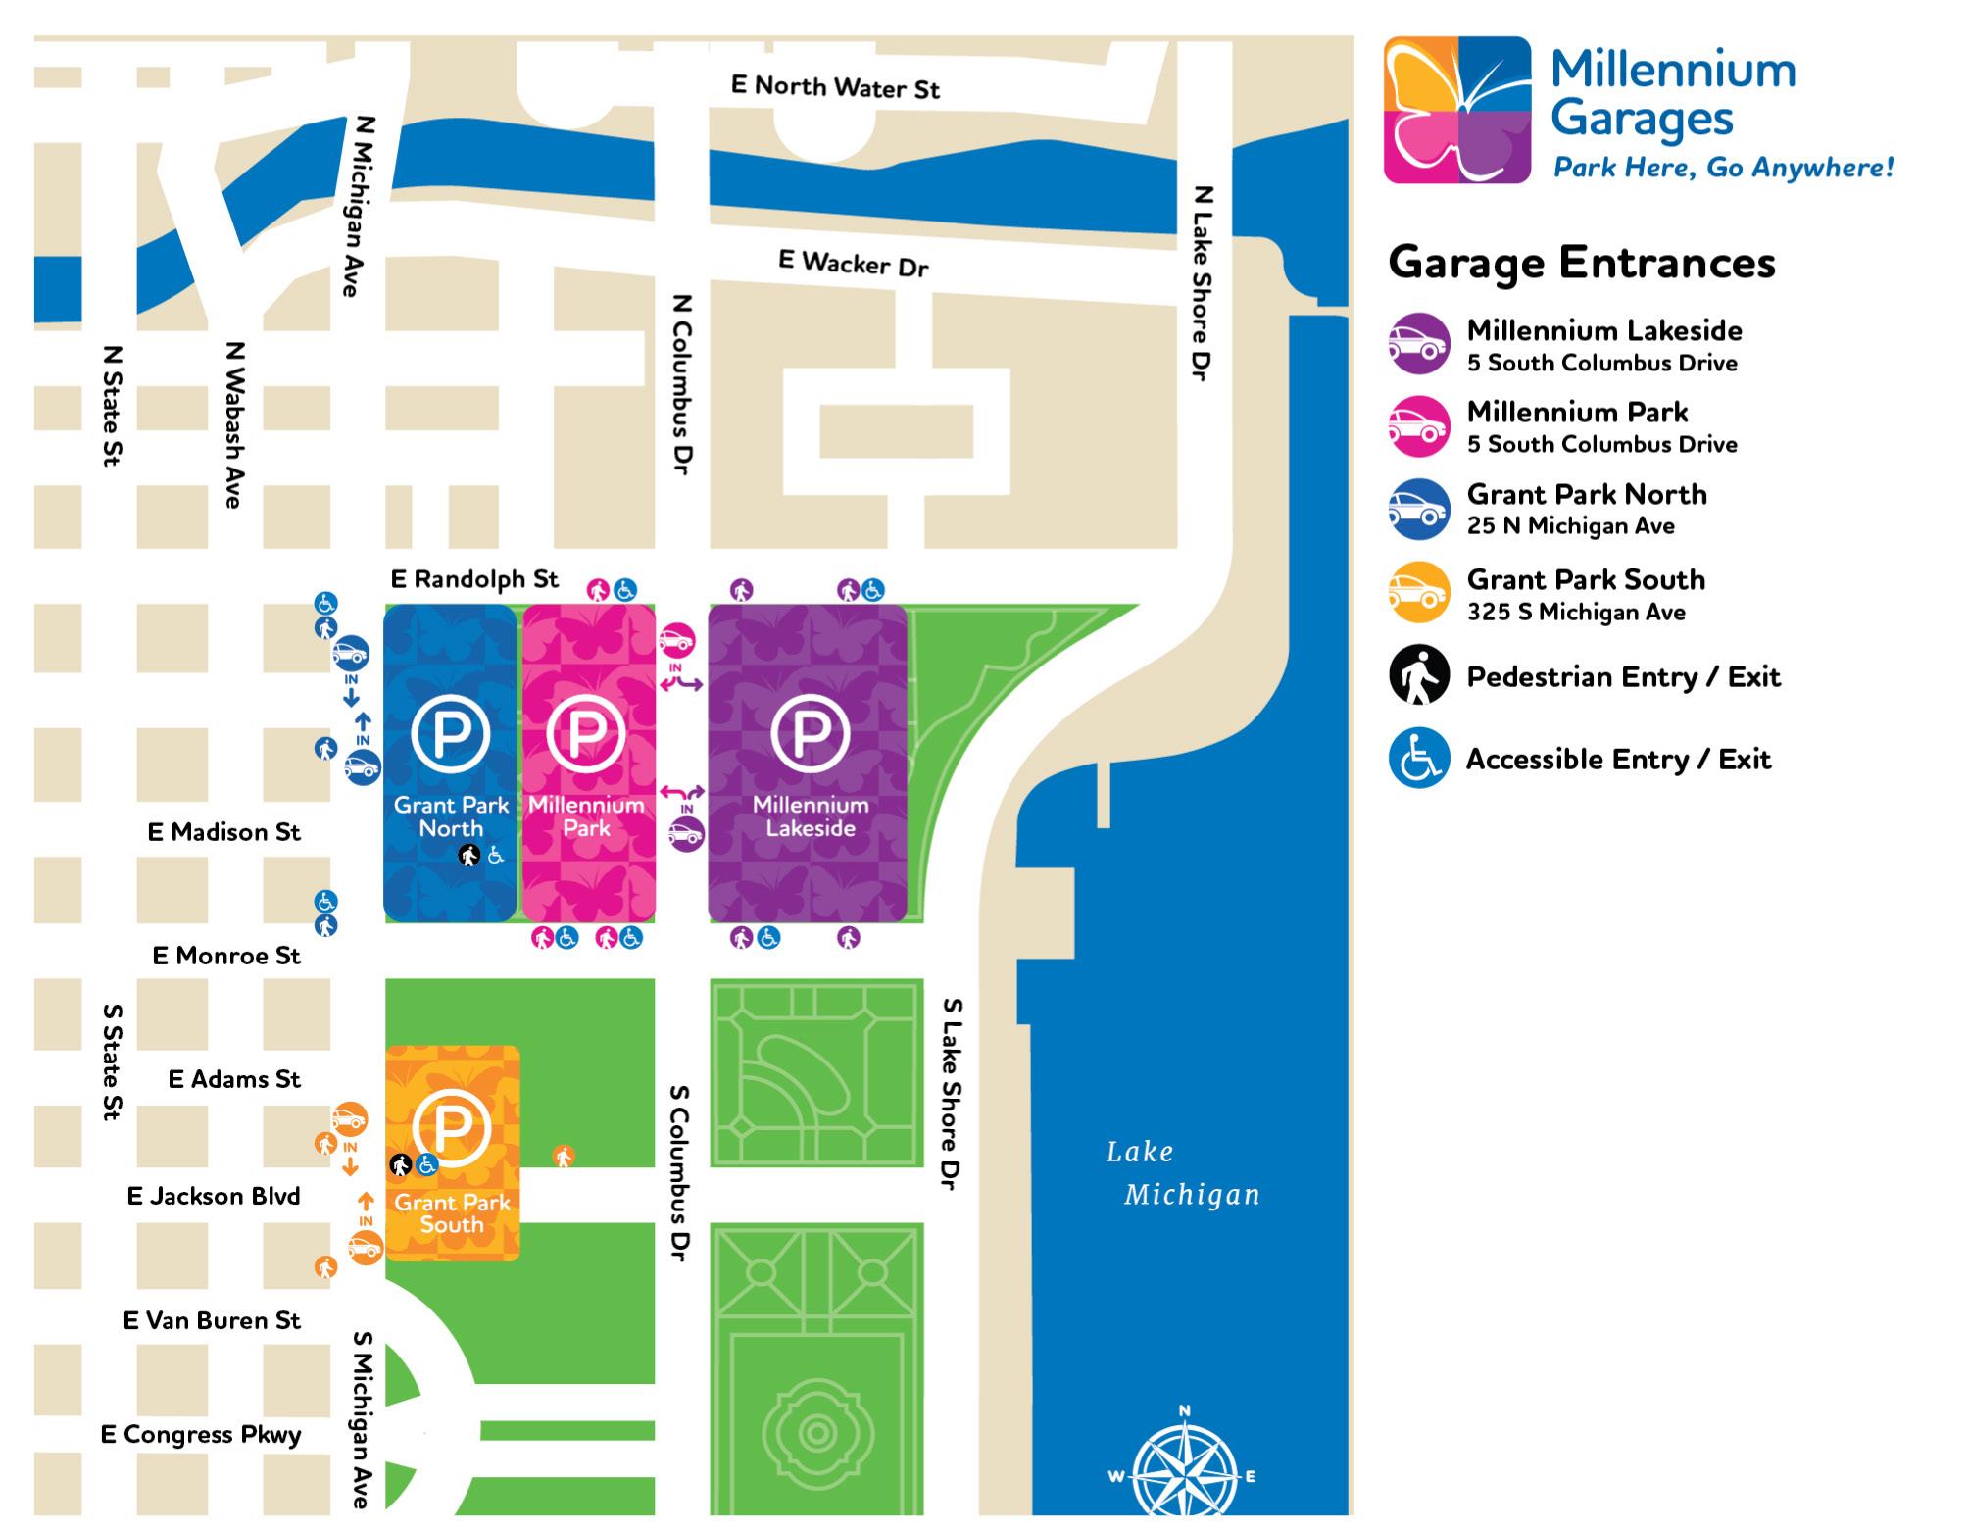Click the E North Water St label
point(835,87)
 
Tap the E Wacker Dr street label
point(853,263)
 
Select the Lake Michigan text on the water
point(1182,1173)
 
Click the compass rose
point(1184,1470)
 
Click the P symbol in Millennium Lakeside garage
point(810,732)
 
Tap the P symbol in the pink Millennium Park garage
point(586,732)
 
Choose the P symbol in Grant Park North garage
point(450,732)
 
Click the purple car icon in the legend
point(1418,344)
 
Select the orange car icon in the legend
point(1418,592)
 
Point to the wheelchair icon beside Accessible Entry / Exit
point(1418,759)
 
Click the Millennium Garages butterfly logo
point(1457,110)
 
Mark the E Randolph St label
point(474,579)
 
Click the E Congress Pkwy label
point(201,1435)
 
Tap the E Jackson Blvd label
point(214,1196)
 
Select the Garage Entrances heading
point(1581,263)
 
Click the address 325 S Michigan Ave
point(1576,613)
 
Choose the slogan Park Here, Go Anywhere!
point(1723,168)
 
